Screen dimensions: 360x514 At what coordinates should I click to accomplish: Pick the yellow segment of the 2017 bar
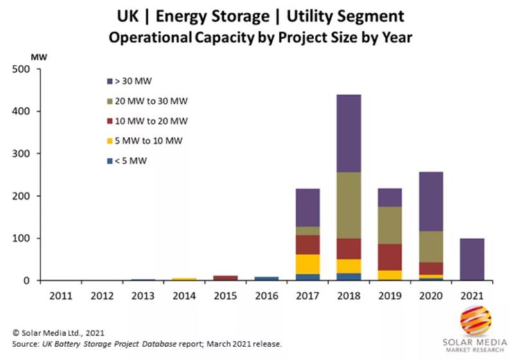tap(306, 264)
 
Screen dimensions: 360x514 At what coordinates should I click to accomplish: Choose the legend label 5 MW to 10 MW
tap(147, 141)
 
